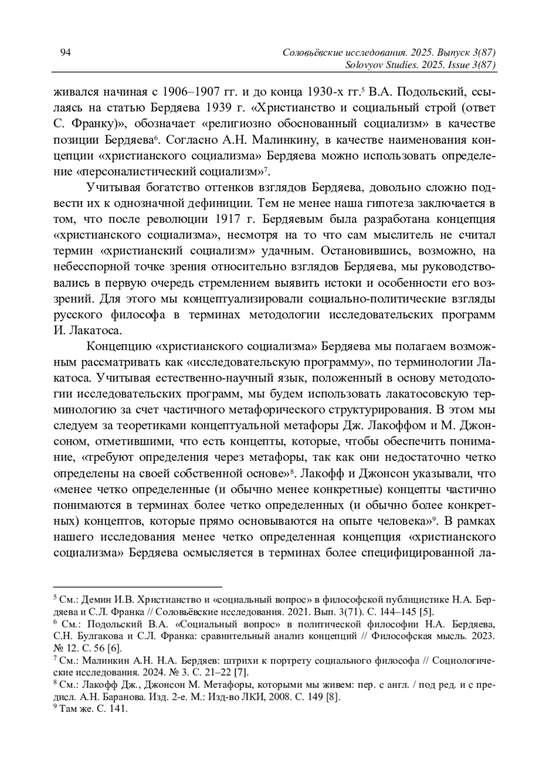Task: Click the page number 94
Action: pos(65,53)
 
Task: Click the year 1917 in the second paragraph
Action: pos(226,219)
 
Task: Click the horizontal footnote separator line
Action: pos(137,586)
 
